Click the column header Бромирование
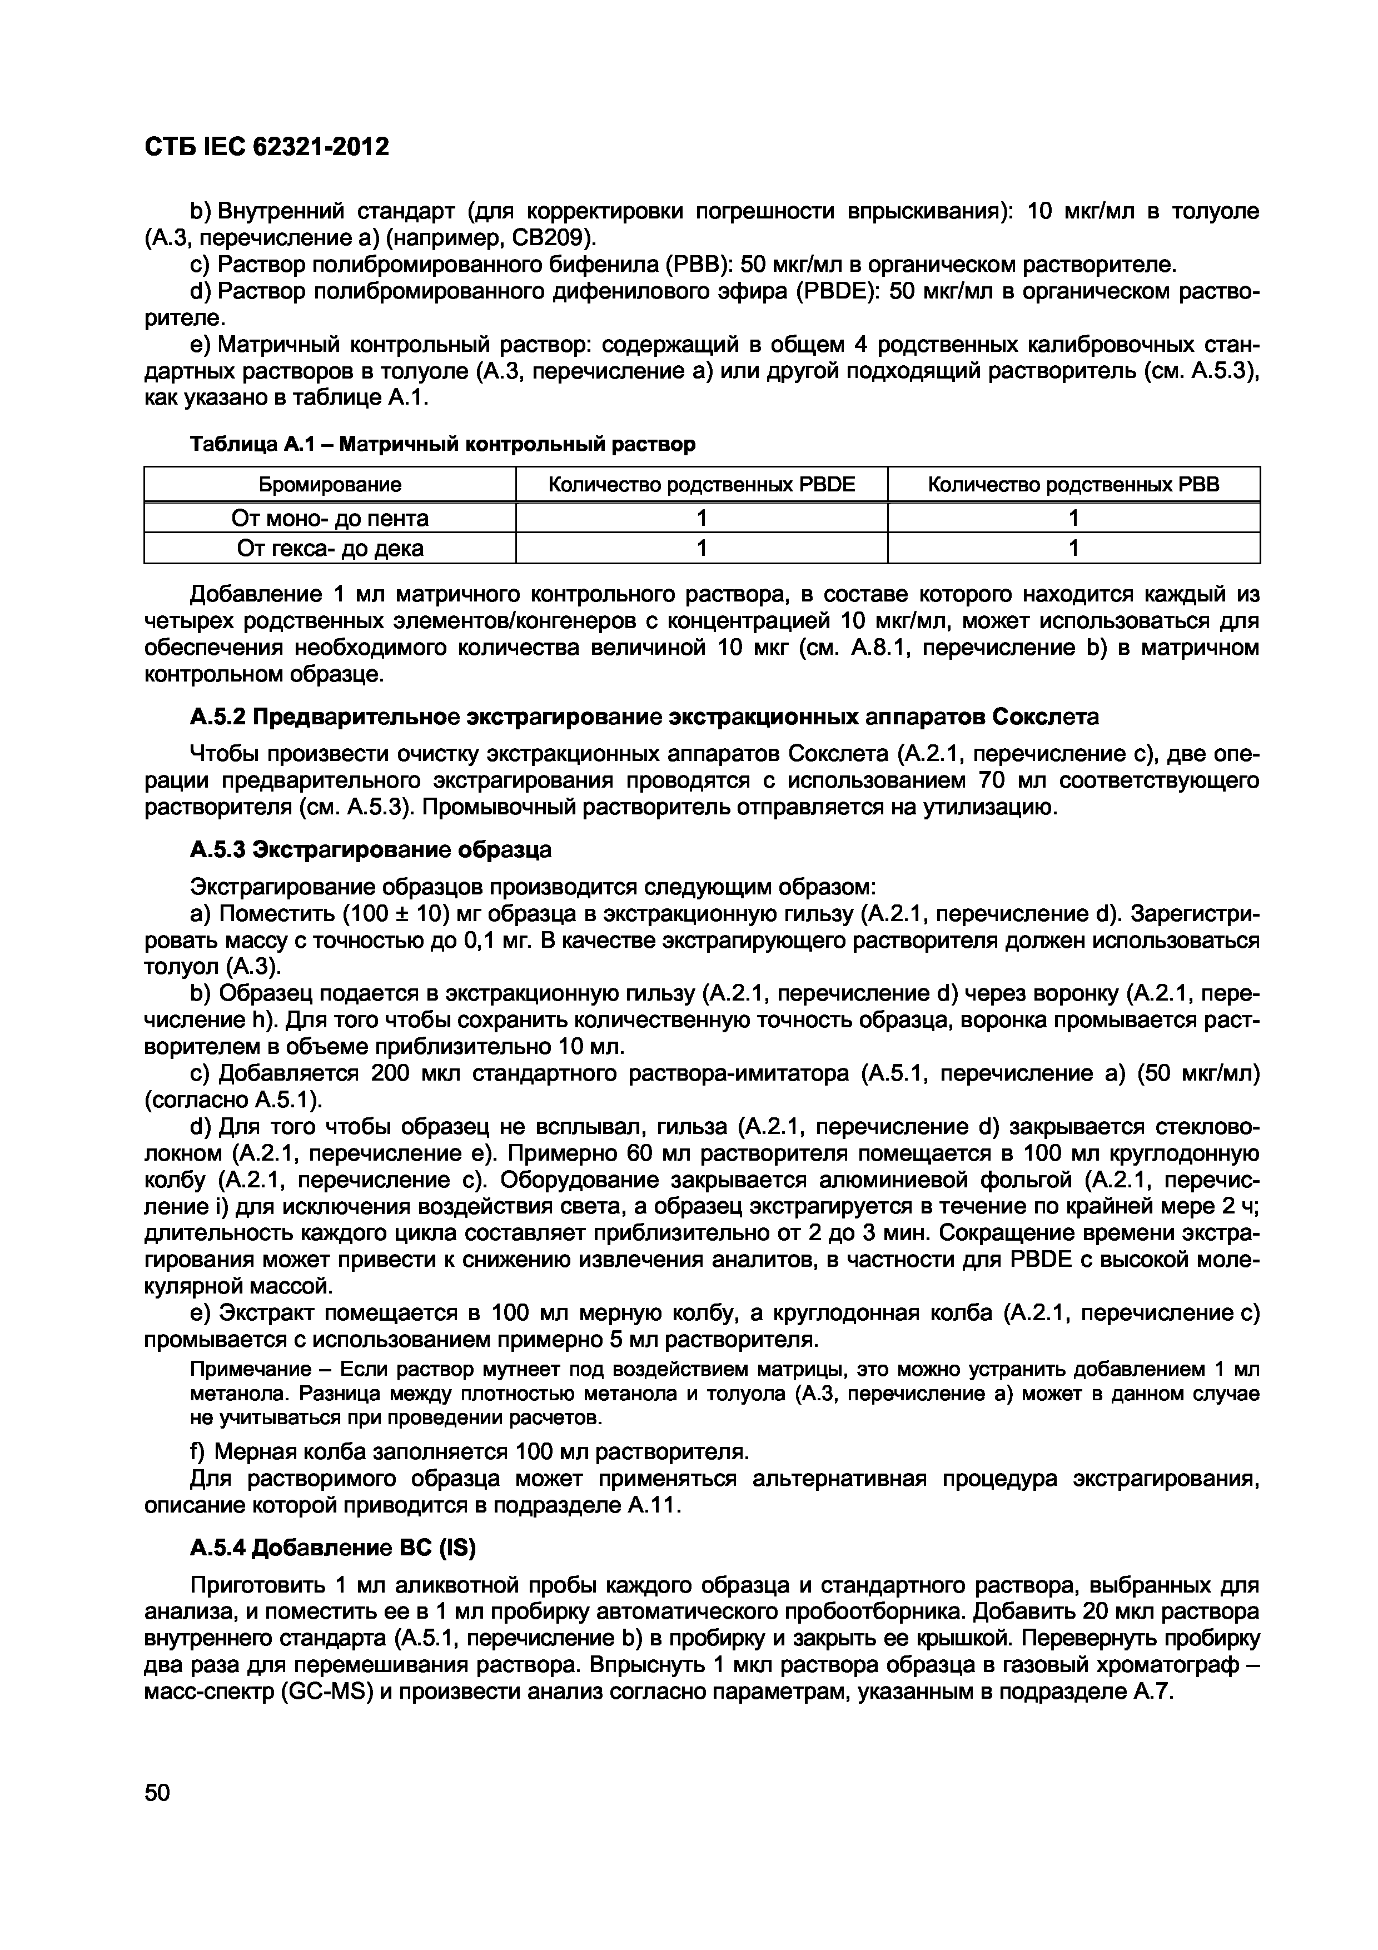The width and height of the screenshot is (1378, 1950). click(x=330, y=484)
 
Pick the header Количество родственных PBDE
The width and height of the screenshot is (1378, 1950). click(x=702, y=484)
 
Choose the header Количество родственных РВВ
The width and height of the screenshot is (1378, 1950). click(x=1073, y=484)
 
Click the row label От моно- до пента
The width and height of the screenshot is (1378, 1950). click(x=330, y=518)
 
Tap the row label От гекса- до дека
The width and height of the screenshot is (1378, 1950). click(x=330, y=549)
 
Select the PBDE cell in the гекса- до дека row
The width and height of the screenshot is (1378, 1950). click(x=702, y=549)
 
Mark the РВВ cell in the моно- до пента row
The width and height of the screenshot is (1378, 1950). click(x=1073, y=518)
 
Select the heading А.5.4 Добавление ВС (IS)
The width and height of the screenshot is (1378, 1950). click(x=333, y=1548)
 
